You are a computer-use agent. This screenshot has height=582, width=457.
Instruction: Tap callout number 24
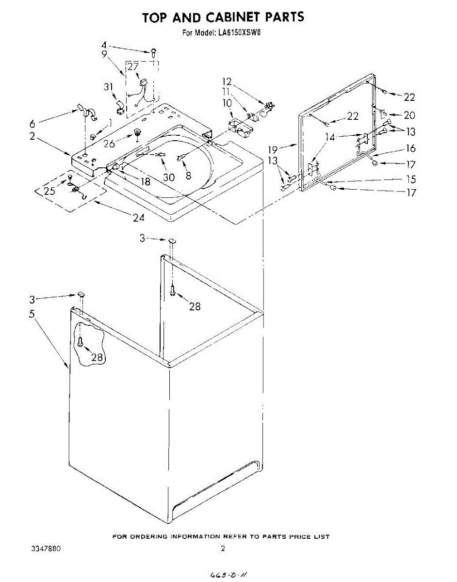139,218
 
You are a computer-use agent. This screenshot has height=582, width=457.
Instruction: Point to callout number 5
32,314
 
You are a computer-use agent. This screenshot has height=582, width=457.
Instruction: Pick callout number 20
409,116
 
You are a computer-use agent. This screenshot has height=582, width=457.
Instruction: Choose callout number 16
411,149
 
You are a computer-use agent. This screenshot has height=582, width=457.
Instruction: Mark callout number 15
411,179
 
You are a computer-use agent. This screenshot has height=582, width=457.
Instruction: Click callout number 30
169,178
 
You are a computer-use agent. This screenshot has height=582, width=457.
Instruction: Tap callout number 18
145,182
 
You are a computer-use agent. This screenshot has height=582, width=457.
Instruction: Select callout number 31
109,87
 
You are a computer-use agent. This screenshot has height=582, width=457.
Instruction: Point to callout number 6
32,124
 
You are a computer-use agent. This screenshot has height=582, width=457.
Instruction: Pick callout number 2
32,137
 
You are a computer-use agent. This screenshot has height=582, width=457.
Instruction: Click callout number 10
227,103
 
